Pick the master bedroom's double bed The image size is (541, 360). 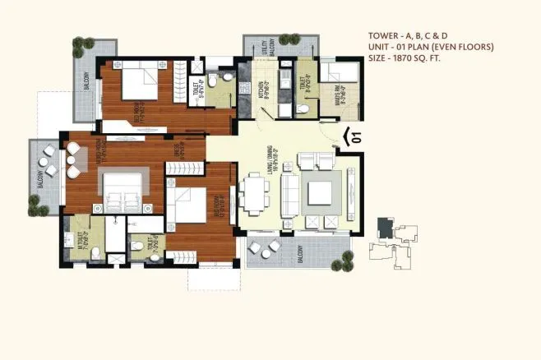coord(124,191)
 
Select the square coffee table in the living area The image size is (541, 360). coord(318,194)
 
